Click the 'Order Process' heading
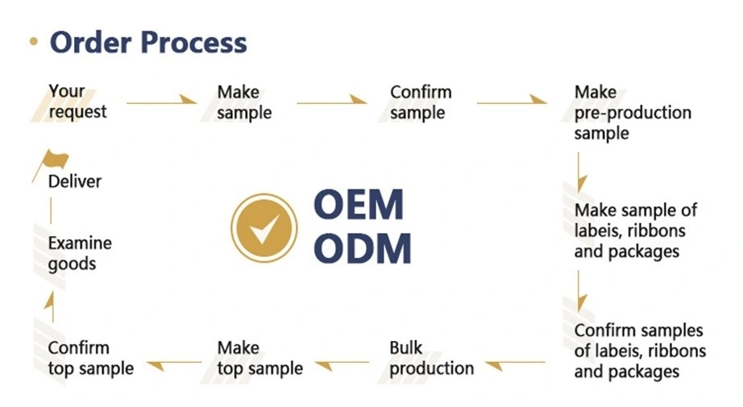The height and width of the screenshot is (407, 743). click(148, 42)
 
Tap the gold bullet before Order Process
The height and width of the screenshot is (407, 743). click(34, 41)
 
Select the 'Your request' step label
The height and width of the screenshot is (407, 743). click(77, 102)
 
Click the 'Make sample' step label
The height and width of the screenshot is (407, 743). click(244, 102)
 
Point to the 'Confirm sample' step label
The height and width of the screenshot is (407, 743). click(421, 102)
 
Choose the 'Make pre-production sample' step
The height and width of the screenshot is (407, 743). click(633, 113)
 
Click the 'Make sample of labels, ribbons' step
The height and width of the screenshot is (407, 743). click(636, 230)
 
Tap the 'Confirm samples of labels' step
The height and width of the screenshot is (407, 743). click(640, 351)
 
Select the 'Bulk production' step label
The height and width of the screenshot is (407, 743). click(431, 358)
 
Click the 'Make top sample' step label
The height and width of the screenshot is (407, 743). click(259, 358)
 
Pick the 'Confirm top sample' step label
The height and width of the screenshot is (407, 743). click(90, 358)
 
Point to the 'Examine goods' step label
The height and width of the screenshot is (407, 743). click(80, 254)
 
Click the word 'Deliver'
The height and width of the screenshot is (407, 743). click(74, 181)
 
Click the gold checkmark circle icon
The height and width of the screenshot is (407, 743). click(264, 228)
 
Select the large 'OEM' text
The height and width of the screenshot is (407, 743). click(359, 205)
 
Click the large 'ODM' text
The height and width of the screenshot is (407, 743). click(363, 247)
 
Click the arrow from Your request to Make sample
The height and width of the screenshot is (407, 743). click(162, 100)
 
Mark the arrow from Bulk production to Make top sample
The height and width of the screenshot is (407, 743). click(342, 365)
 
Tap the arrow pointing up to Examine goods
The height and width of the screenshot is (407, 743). click(51, 306)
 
